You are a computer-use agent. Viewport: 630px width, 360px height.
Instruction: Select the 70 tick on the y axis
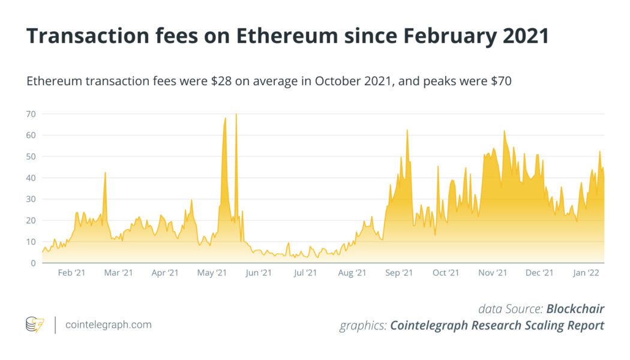(31, 114)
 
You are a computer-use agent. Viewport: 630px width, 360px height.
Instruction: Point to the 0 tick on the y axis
(33, 263)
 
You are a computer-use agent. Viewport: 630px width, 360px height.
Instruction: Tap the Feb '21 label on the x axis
(71, 273)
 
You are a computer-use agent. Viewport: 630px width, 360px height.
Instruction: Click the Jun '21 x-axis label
(259, 273)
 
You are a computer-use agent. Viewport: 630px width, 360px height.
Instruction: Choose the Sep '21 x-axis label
(399, 273)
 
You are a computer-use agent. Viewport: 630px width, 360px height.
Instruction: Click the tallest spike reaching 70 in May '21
(236, 115)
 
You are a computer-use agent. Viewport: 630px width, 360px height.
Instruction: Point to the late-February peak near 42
(105, 173)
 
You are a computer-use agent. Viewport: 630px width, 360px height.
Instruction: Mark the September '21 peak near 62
(407, 130)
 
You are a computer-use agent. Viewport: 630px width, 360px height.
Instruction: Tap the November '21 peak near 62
(504, 131)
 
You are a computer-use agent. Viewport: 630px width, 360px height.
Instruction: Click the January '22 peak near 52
(599, 152)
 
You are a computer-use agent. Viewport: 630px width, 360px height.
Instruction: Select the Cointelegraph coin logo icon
(35, 325)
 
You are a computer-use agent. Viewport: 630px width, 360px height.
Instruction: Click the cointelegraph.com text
(108, 325)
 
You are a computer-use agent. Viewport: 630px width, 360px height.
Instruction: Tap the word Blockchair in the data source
(575, 309)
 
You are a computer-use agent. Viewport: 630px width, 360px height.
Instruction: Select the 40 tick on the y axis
(31, 178)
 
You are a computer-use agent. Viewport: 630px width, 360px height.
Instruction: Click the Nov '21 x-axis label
(493, 273)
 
